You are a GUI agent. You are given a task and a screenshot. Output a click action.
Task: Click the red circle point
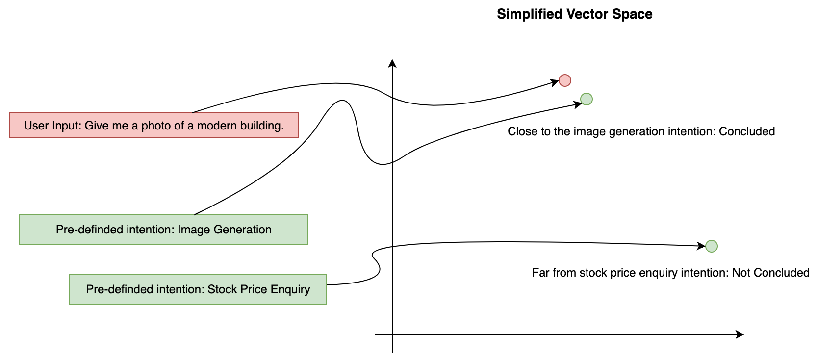point(565,80)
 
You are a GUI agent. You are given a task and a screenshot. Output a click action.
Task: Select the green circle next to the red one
point(587,99)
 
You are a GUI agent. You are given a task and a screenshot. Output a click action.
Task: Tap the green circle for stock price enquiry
point(712,246)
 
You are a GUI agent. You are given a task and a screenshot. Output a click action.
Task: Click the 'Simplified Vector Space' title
point(574,14)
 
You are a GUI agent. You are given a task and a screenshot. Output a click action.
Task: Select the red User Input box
point(154,125)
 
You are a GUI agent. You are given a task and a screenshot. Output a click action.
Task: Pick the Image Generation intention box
point(164,230)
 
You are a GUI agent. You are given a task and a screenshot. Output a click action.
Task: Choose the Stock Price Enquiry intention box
point(198,289)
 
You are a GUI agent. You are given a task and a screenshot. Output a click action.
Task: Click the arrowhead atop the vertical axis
point(392,63)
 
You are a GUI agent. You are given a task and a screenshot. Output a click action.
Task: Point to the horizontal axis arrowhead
point(740,334)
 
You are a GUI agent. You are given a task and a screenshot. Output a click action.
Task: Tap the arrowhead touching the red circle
point(555,82)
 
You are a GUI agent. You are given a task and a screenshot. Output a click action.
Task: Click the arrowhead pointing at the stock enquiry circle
point(702,246)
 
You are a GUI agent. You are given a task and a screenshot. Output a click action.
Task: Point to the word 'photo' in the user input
point(155,126)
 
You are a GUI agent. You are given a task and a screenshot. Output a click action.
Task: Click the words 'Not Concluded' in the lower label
point(770,273)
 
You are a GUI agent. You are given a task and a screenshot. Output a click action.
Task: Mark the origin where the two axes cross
point(392,334)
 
